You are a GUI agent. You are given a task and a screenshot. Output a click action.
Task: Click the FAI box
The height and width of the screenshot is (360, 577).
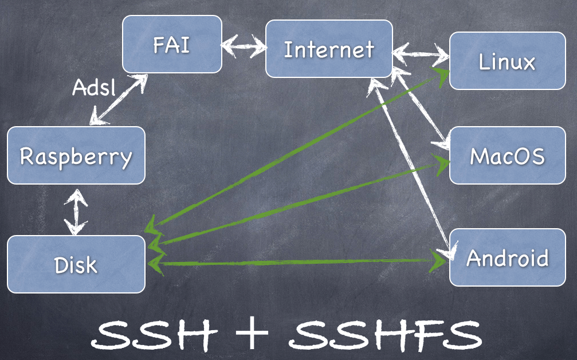[172, 44]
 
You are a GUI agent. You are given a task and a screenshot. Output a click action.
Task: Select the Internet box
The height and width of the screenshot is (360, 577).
[329, 49]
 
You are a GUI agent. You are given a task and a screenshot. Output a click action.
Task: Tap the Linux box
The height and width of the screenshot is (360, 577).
[507, 61]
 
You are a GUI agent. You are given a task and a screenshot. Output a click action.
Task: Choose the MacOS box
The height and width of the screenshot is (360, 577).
[507, 155]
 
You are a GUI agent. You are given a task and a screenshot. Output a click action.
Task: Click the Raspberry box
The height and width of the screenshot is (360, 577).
[76, 155]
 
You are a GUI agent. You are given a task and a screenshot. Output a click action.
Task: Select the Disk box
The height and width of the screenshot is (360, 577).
[76, 264]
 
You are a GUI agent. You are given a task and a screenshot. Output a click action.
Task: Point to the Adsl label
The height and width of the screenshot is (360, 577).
[94, 87]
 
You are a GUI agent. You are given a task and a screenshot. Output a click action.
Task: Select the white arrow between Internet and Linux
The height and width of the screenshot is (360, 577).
[421, 56]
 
